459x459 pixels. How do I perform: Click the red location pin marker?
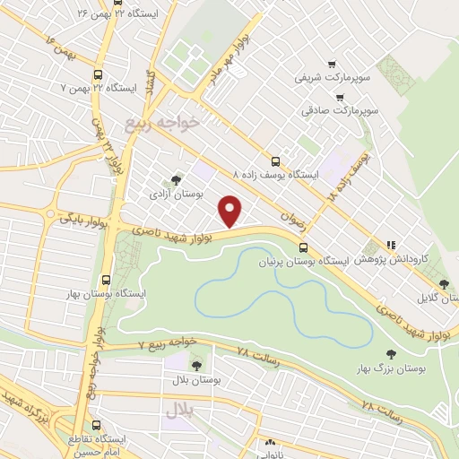[231, 211]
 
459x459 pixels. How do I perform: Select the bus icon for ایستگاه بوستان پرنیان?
[303, 247]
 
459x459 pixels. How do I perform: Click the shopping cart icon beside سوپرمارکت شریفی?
[333, 65]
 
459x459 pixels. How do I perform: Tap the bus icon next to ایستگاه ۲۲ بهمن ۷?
[98, 76]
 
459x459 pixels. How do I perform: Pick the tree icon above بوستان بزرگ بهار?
[390, 355]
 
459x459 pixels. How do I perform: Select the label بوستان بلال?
[196, 379]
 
